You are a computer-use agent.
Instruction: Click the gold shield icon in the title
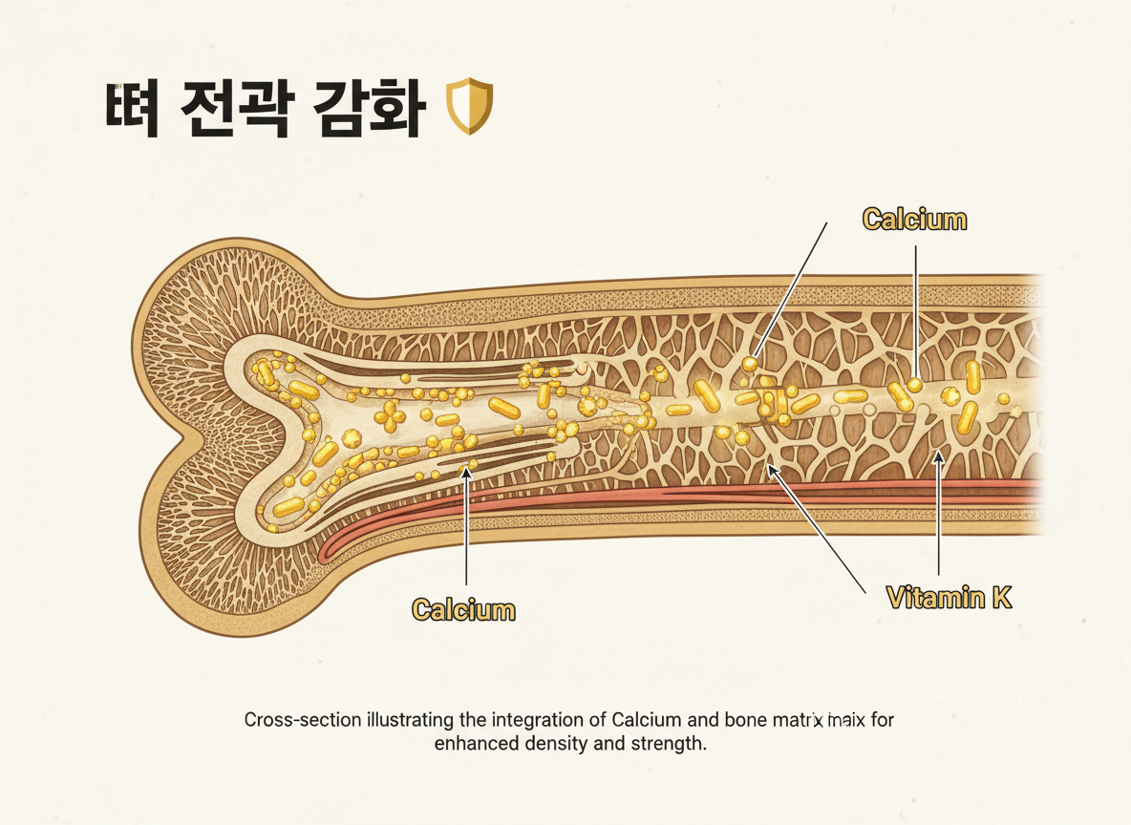pyautogui.click(x=470, y=106)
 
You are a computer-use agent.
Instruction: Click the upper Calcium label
pyautogui.click(x=914, y=220)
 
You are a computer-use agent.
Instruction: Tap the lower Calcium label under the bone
pyautogui.click(x=463, y=609)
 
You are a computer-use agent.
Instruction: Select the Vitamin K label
pyautogui.click(x=949, y=599)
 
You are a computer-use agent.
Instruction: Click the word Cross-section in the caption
pyautogui.click(x=302, y=720)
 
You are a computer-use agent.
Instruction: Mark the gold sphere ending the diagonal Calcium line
pyautogui.click(x=751, y=364)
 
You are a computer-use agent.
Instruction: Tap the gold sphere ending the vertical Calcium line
pyautogui.click(x=915, y=385)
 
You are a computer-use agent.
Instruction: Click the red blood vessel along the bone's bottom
pyautogui.click(x=669, y=495)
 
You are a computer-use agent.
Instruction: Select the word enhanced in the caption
pyautogui.click(x=474, y=744)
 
